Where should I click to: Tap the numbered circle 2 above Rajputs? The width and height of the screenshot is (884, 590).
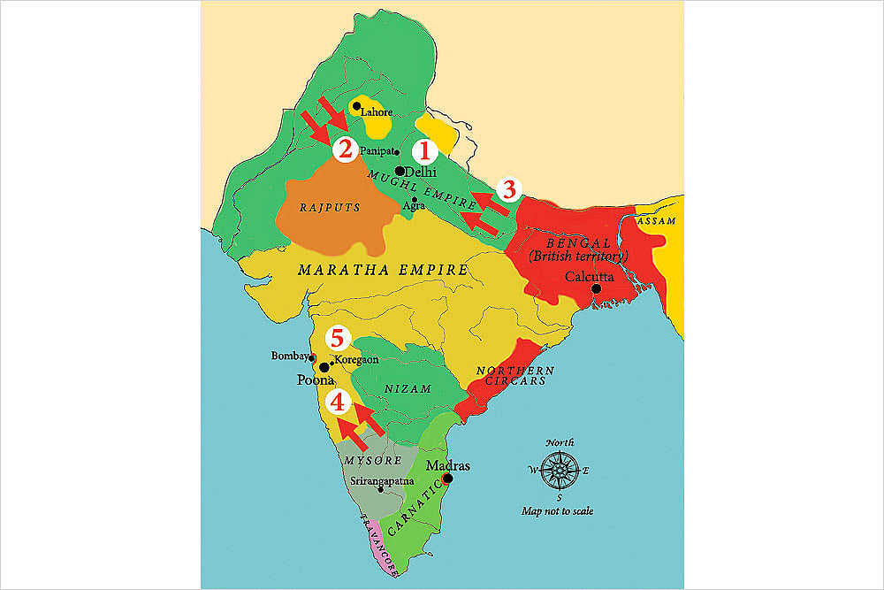tap(345, 149)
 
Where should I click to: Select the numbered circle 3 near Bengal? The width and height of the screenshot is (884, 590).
tap(507, 188)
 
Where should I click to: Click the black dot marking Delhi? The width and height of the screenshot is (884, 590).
tap(400, 171)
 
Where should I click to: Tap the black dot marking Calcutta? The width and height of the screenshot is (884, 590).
tap(597, 288)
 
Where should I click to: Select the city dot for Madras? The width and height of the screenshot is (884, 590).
tap(447, 479)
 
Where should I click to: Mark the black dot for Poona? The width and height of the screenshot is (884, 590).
tap(324, 366)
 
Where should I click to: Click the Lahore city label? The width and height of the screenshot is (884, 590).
tap(376, 112)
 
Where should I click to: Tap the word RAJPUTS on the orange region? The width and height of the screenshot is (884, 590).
tap(322, 210)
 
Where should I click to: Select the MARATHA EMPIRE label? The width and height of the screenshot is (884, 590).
tap(382, 270)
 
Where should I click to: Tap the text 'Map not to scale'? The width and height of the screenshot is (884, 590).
tap(557, 511)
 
